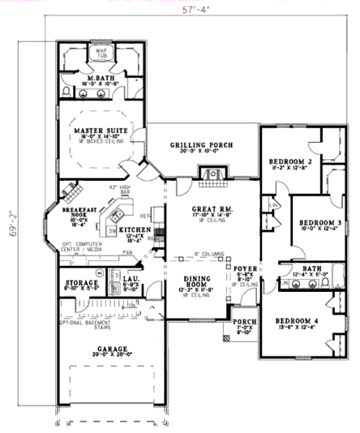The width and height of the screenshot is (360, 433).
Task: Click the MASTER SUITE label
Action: (x=100, y=130)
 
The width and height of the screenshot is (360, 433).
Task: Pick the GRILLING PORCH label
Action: (x=201, y=145)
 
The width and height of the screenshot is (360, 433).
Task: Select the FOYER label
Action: (x=245, y=268)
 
